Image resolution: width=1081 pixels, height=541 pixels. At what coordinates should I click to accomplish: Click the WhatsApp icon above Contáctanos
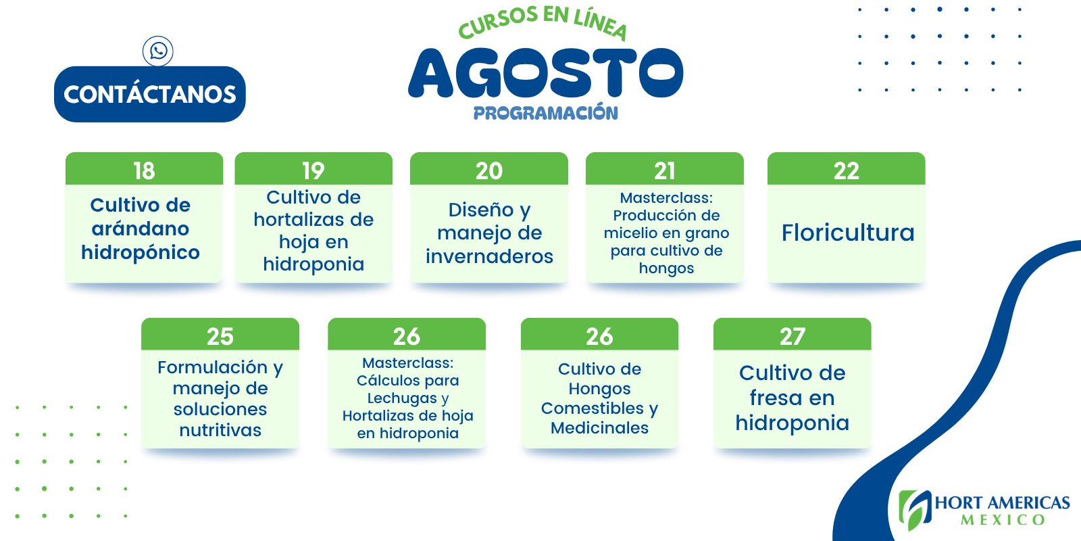click(x=158, y=51)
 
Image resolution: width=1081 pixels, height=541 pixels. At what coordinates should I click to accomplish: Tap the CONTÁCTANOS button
click(x=149, y=94)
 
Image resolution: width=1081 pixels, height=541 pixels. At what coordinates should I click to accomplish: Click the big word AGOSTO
click(x=545, y=72)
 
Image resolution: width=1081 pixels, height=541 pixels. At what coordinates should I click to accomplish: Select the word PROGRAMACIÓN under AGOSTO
click(x=545, y=112)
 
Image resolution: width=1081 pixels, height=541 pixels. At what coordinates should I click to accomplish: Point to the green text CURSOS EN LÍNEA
click(x=543, y=22)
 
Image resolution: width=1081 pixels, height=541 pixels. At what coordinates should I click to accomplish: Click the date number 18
click(x=144, y=170)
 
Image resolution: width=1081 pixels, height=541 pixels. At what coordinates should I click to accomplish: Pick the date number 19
click(x=313, y=170)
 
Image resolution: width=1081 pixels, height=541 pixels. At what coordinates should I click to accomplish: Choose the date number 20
click(x=489, y=170)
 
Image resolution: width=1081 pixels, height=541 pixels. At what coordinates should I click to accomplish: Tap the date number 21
click(x=665, y=170)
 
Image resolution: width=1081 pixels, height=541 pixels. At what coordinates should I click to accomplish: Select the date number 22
click(x=847, y=170)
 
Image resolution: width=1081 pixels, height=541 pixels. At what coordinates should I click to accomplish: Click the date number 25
click(x=220, y=336)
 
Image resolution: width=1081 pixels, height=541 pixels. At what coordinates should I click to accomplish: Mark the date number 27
click(x=792, y=336)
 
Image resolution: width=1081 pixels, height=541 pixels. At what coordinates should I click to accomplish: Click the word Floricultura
click(x=848, y=233)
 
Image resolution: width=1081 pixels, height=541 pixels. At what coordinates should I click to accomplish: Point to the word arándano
click(x=141, y=229)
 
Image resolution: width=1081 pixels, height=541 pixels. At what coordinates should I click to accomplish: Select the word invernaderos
click(x=489, y=256)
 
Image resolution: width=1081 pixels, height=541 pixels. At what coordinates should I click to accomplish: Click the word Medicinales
click(x=599, y=428)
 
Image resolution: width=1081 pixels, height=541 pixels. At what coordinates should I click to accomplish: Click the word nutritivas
click(x=220, y=430)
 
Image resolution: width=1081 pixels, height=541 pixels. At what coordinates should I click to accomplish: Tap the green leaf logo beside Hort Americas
click(x=913, y=510)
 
